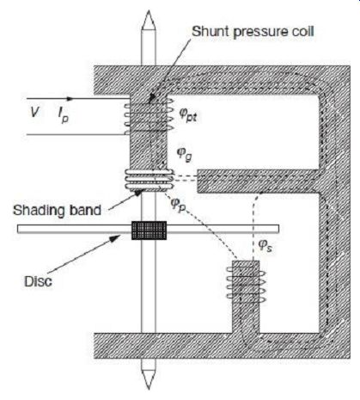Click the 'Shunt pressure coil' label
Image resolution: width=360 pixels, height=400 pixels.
[x=253, y=32]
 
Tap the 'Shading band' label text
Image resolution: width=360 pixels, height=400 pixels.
[x=57, y=211]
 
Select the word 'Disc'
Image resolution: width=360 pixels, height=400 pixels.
[x=38, y=281]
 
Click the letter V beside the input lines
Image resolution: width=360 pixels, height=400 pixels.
[x=34, y=112]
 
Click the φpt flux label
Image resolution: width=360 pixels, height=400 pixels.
[x=188, y=114]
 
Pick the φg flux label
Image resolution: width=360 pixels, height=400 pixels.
[x=184, y=154]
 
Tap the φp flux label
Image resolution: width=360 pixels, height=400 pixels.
[x=178, y=205]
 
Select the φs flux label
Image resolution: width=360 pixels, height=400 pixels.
[x=265, y=246]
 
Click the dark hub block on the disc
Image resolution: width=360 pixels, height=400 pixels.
[x=149, y=231]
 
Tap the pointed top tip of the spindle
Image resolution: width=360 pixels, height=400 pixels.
[x=149, y=11]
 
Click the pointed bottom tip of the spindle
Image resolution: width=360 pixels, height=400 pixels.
[x=149, y=389]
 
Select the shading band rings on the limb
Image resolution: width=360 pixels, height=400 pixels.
[x=149, y=180]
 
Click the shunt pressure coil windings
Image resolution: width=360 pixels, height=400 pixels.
[x=149, y=115]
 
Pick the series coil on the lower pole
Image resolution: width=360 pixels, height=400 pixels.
[x=246, y=284]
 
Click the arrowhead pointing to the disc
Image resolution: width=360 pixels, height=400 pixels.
[x=117, y=238]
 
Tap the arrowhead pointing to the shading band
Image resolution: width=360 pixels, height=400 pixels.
[x=138, y=193]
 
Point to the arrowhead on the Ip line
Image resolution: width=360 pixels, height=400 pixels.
[x=70, y=99]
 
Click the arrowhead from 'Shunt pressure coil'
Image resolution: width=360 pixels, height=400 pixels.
[x=152, y=99]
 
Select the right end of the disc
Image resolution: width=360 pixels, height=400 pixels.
[x=278, y=229]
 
